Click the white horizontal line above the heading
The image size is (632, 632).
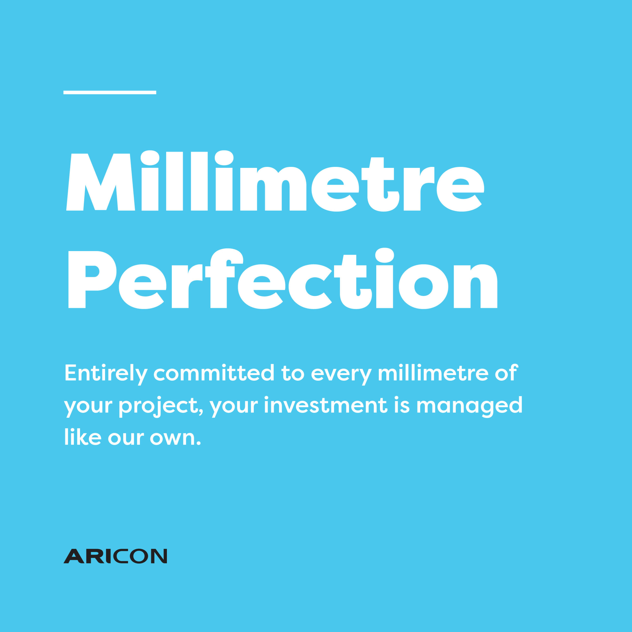110,93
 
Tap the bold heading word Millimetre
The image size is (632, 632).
275,181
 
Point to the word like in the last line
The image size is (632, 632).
83,436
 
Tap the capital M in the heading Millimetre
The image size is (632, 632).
101,182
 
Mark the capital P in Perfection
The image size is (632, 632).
92,279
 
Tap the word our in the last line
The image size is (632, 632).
126,439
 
